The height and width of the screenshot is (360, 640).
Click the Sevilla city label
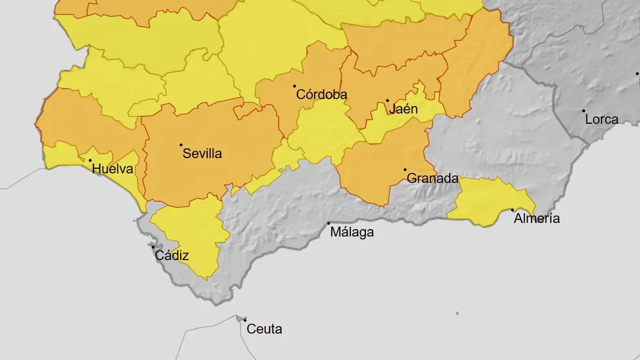point(202,154)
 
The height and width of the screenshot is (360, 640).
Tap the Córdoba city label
point(321,95)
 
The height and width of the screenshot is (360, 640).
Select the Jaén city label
point(403,109)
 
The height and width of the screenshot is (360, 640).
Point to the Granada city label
point(432,179)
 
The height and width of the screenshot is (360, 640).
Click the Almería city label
point(536,219)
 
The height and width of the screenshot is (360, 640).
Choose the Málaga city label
point(352,232)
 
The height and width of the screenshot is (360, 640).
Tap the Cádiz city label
point(172,255)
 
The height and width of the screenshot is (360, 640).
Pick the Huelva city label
point(113,170)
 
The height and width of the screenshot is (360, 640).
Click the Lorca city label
point(601,119)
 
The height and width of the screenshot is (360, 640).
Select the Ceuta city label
point(265,329)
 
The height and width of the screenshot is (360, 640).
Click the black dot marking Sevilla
point(181,145)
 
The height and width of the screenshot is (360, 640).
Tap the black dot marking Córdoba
point(295,86)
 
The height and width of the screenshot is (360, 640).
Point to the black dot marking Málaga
point(329,223)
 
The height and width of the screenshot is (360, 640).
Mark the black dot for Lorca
point(584,111)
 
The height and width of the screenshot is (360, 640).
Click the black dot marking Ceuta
point(245,319)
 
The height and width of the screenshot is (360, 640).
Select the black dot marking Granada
point(405,170)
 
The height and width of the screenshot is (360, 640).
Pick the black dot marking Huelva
point(90,161)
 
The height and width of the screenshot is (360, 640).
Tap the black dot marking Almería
point(512,210)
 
